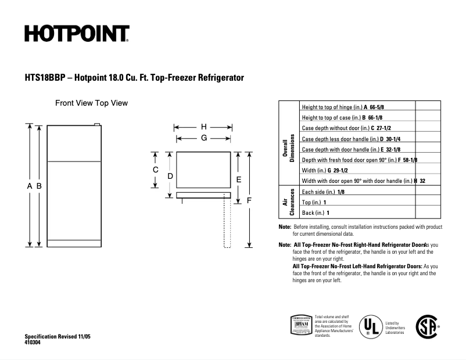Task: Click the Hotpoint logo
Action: coord(77,34)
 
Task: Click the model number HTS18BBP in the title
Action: coord(44,77)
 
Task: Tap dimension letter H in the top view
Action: coord(203,127)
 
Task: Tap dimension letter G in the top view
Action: coord(204,138)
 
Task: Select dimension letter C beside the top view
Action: coord(156,170)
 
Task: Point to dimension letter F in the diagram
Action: coord(249,200)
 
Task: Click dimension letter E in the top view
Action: coord(238,179)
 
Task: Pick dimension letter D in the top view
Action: coord(170,175)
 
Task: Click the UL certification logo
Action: coord(370,327)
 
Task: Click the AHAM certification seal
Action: coord(300,326)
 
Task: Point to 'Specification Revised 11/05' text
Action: coord(58,337)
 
